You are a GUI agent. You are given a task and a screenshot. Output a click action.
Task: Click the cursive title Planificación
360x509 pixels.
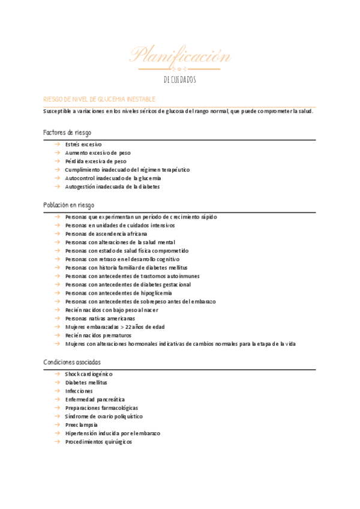point(180,56)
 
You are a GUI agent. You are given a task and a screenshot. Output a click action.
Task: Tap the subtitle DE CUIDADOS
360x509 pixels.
point(180,80)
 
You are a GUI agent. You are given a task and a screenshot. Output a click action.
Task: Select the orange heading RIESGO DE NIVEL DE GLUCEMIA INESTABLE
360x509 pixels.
point(100,98)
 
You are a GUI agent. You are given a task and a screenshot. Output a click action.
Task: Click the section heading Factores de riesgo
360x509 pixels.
point(67,132)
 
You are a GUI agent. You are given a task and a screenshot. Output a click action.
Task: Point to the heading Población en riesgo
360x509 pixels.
point(68,205)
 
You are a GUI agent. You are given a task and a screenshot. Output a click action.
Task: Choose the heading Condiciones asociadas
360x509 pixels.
point(72,362)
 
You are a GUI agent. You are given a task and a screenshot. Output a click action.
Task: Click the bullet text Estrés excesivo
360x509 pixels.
point(83,145)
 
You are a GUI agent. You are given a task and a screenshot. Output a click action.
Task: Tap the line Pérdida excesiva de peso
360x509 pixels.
point(96,161)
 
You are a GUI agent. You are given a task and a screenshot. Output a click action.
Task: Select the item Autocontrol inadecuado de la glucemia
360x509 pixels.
point(113,178)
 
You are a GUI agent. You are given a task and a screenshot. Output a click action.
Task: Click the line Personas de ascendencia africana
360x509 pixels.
point(106,233)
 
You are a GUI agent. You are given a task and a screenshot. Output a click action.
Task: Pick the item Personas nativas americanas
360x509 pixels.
point(100,318)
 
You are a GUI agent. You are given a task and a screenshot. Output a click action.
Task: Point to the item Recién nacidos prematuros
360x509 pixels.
point(98,336)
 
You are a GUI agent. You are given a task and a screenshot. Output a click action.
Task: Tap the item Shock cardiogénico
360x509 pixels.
point(89,374)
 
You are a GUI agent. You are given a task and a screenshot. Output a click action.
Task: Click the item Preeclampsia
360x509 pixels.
point(82,424)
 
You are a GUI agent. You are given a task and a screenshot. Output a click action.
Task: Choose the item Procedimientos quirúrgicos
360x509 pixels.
point(98,442)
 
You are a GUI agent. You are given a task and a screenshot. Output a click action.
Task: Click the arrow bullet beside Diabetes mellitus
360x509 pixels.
point(56,382)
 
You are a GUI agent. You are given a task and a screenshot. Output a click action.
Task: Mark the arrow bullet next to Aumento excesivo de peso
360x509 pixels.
point(56,153)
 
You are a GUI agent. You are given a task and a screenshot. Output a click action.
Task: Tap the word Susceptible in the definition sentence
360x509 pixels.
point(59,112)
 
